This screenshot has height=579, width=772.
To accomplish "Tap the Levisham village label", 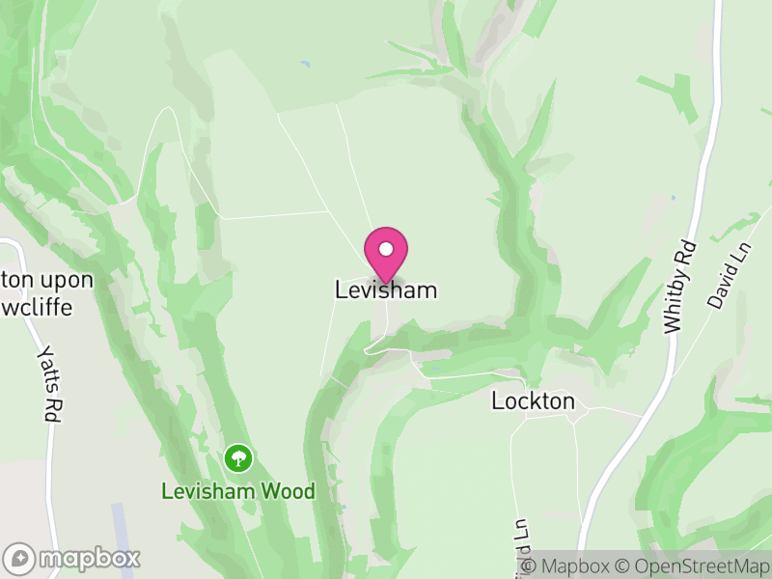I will point(386,289).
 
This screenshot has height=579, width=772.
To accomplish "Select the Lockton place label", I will point(533,400).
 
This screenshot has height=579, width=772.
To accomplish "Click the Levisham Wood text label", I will point(237,491).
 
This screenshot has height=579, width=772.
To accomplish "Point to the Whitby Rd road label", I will point(679,287).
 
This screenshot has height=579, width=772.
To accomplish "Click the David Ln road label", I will point(722,281).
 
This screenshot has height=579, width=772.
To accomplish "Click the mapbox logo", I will point(72,558).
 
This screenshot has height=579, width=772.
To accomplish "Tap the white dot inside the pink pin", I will point(386,249).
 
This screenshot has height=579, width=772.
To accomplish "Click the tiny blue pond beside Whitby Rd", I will point(673,198).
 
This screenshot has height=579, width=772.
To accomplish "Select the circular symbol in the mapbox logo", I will point(19,558).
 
